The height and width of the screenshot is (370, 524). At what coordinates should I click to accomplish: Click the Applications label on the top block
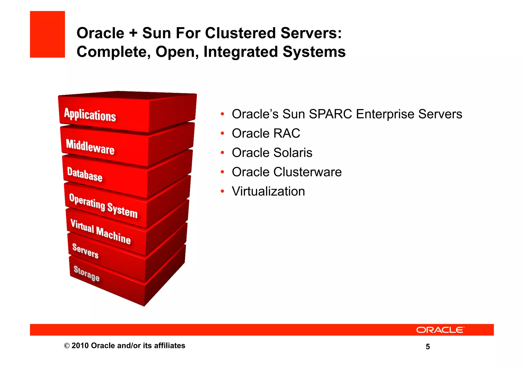coord(90,115)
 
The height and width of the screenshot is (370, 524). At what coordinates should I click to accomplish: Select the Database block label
coord(85,174)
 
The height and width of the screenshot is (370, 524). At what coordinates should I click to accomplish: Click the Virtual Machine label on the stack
coord(101,232)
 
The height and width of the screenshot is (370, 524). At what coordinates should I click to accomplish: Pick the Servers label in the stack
coord(85,251)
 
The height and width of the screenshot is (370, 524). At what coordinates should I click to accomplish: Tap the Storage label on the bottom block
coord(86,273)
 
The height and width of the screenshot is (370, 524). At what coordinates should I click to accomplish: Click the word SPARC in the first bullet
coord(330,114)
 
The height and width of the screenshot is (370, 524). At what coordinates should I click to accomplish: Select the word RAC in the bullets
coord(287,133)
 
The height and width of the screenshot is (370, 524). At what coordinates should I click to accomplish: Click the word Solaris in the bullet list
coord(293,153)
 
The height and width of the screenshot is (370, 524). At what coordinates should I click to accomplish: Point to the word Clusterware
coord(307,172)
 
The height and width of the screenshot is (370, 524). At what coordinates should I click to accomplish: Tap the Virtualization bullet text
coord(268,192)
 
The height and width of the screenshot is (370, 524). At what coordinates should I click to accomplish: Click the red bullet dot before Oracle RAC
coord(222,133)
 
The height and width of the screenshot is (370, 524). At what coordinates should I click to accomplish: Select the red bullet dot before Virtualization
coord(222,191)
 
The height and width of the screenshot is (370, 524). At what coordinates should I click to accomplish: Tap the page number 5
coord(428,347)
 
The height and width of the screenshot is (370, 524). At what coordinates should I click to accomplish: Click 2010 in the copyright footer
coord(80,346)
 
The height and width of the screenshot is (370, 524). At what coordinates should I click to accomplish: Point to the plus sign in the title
coord(133,33)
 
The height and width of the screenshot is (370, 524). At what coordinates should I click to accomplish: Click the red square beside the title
coord(47,34)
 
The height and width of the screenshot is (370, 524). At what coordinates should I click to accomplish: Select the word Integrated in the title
coord(241,52)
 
